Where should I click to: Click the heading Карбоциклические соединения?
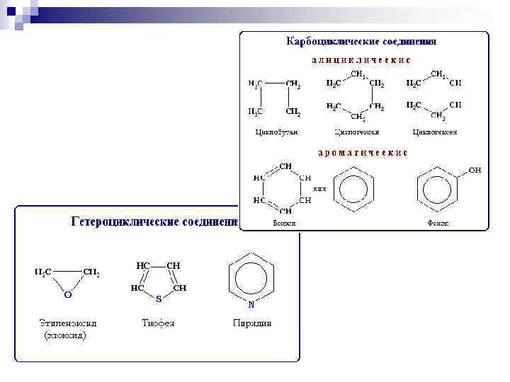(x=361, y=42)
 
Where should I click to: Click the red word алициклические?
(x=361, y=60)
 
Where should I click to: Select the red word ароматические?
(x=361, y=153)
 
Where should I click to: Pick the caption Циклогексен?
(x=434, y=132)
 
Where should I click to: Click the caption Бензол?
(x=285, y=224)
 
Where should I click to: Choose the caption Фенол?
(x=438, y=224)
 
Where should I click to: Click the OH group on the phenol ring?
(x=475, y=170)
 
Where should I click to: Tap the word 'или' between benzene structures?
(x=320, y=190)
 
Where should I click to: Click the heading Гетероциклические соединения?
(x=154, y=222)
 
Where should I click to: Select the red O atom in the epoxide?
(x=67, y=293)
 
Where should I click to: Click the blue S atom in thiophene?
(x=159, y=299)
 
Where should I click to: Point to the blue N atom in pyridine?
(x=251, y=306)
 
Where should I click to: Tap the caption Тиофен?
(x=158, y=324)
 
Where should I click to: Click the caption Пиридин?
(x=252, y=324)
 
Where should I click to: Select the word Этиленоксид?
(x=68, y=324)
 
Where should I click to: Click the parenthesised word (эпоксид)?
(x=65, y=336)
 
